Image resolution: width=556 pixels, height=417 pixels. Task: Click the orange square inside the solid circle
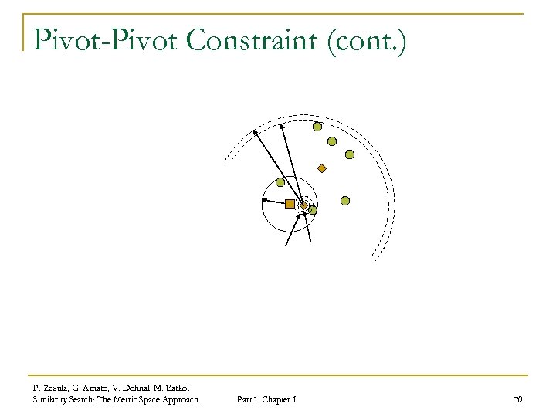click(x=290, y=204)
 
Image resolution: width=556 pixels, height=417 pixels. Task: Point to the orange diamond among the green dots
click(x=322, y=168)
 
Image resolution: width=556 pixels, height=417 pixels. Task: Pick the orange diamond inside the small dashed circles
click(x=304, y=205)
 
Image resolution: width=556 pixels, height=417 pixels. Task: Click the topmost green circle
click(x=317, y=127)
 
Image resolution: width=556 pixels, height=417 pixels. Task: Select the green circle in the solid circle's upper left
click(x=280, y=183)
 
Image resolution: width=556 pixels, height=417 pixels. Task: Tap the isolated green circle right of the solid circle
click(x=345, y=201)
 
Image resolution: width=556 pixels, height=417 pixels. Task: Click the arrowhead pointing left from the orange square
click(x=265, y=201)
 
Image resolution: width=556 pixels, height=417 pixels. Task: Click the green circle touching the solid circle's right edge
click(x=313, y=209)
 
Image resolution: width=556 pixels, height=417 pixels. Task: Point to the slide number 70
click(x=517, y=399)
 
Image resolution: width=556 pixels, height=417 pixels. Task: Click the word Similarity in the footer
click(x=52, y=399)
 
